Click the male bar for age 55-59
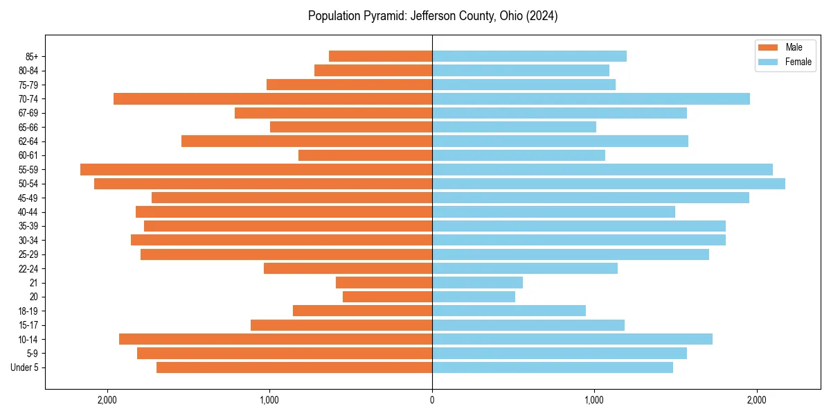pyautogui.click(x=256, y=169)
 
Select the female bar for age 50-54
pyautogui.click(x=609, y=184)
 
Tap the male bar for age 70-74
pyautogui.click(x=273, y=98)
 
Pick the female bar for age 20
pyautogui.click(x=474, y=297)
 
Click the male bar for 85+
pyautogui.click(x=380, y=56)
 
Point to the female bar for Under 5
pyautogui.click(x=553, y=367)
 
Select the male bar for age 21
pyautogui.click(x=384, y=282)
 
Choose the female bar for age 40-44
pyautogui.click(x=553, y=211)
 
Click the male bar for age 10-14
pyautogui.click(x=276, y=339)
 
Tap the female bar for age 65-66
pyautogui.click(x=514, y=127)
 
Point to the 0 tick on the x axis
pyautogui.click(x=432, y=400)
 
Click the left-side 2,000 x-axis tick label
pyautogui.click(x=107, y=400)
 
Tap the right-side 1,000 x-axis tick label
pyautogui.click(x=594, y=400)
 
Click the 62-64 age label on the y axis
pyautogui.click(x=28, y=141)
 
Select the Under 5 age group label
pyautogui.click(x=25, y=367)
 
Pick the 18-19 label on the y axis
pyautogui.click(x=28, y=311)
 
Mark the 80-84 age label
pyautogui.click(x=28, y=71)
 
